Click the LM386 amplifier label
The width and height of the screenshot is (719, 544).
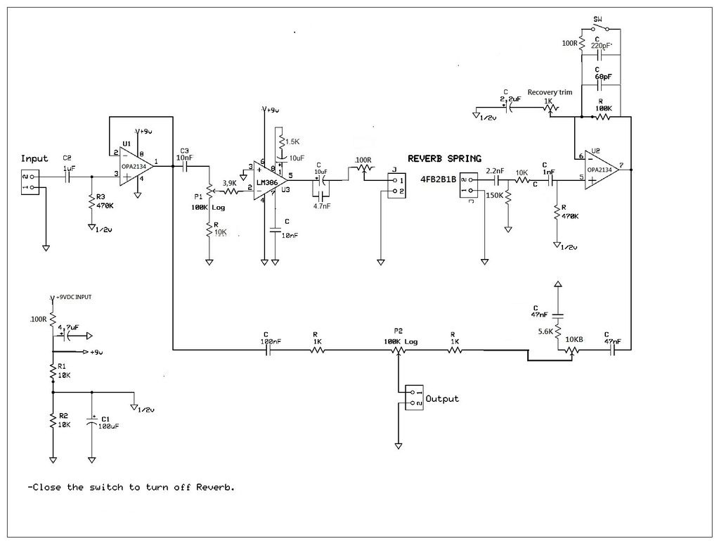[x=268, y=182]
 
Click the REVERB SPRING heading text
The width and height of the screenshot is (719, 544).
[x=445, y=159]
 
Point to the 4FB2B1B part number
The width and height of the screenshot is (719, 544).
[x=438, y=179]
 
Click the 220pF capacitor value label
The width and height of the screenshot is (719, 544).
[x=602, y=46]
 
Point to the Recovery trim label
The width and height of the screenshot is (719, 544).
[x=550, y=92]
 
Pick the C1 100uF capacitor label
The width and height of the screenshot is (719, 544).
[x=108, y=422]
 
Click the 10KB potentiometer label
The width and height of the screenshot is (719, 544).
[x=575, y=339]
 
